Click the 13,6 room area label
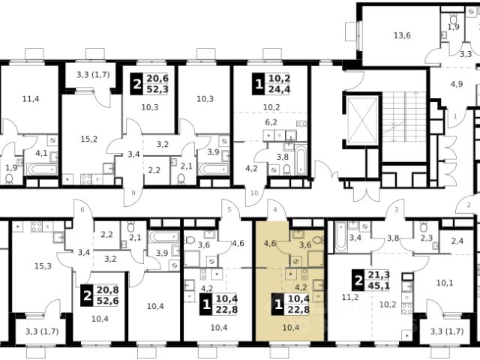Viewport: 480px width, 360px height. (402, 35)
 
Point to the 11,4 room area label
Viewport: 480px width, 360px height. (31, 99)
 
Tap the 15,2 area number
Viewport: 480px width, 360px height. (89, 139)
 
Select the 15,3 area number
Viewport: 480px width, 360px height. (43, 266)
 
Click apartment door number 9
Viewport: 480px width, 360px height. (133, 193)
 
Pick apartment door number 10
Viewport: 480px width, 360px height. (254, 193)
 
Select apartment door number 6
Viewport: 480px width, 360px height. (82, 210)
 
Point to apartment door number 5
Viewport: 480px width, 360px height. (229, 210)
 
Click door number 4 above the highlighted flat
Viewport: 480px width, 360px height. (275, 210)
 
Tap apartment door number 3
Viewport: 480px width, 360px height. (397, 210)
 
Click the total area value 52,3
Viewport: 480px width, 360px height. (157, 89)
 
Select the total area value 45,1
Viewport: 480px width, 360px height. (379, 286)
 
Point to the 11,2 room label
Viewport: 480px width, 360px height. (350, 297)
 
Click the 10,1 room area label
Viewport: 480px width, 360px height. (445, 283)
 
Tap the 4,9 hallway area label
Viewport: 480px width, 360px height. (456, 84)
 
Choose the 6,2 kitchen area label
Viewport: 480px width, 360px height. (271, 122)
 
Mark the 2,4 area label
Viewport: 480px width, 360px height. (457, 241)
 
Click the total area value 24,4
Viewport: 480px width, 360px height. (279, 89)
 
